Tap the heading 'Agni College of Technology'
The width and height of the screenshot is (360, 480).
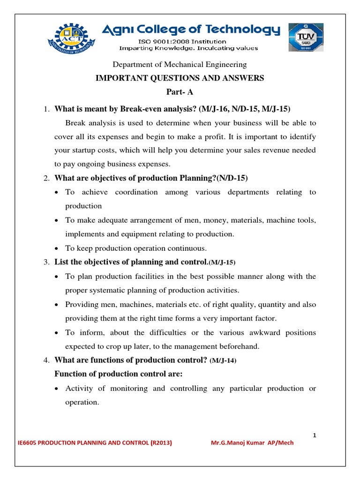[x=191, y=30]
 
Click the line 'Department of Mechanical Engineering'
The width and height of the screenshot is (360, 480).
[x=180, y=64]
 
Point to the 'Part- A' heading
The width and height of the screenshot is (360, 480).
[x=180, y=92]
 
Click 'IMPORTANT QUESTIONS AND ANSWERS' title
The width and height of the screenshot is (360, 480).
[x=180, y=78]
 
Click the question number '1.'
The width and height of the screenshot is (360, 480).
[x=46, y=109]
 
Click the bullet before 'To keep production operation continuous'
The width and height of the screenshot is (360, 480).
[x=56, y=248]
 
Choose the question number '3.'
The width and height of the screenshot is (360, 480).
[x=46, y=262]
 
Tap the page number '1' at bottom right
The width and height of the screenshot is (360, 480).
[x=315, y=435]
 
